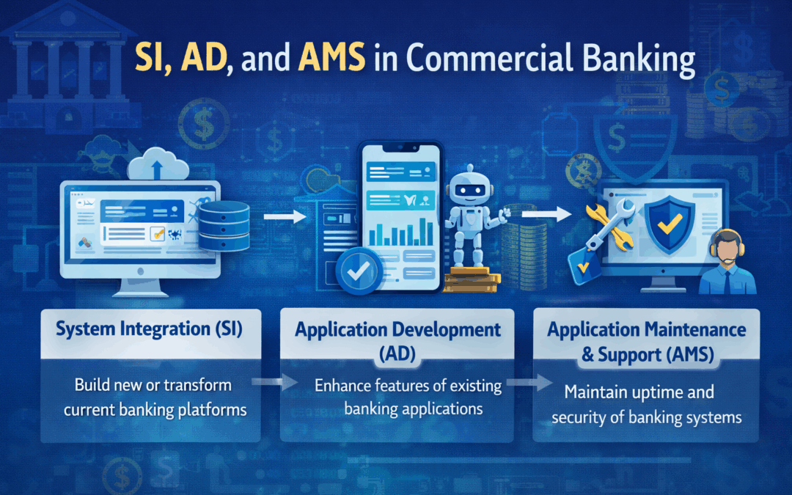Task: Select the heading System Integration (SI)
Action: coord(150,329)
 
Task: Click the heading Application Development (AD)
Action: coord(397,340)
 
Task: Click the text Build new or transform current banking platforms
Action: coord(154,397)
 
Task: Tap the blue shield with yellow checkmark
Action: coord(669,224)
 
